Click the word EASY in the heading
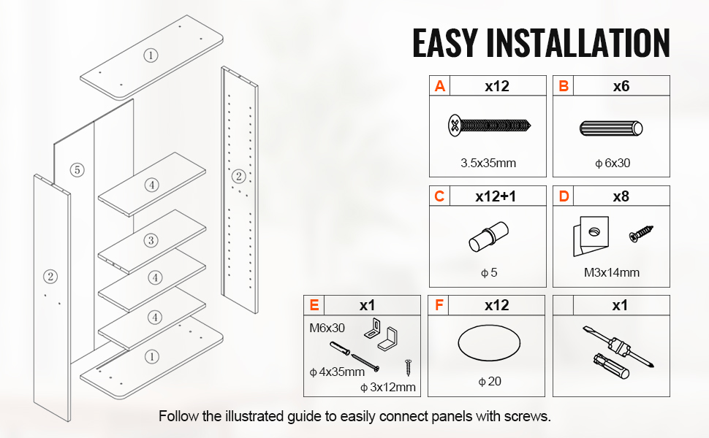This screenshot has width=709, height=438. (445, 43)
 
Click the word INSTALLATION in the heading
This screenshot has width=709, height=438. (578, 43)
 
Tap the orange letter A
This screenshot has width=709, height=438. (439, 86)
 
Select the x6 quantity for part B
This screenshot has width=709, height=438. (621, 86)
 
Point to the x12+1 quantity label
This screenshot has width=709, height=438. (496, 196)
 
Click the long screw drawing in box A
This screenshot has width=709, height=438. (489, 125)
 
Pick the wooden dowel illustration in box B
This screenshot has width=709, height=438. (611, 128)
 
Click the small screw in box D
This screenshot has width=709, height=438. (641, 234)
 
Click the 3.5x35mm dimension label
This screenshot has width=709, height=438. (488, 163)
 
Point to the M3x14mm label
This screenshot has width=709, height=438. (612, 272)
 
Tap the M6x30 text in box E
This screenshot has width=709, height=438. (327, 328)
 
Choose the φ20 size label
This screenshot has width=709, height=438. (490, 382)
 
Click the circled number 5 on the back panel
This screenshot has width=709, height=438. (77, 170)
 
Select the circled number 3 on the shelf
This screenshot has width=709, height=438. (151, 240)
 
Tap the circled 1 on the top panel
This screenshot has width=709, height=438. (151, 55)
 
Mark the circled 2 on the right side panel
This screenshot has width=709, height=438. (239, 176)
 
